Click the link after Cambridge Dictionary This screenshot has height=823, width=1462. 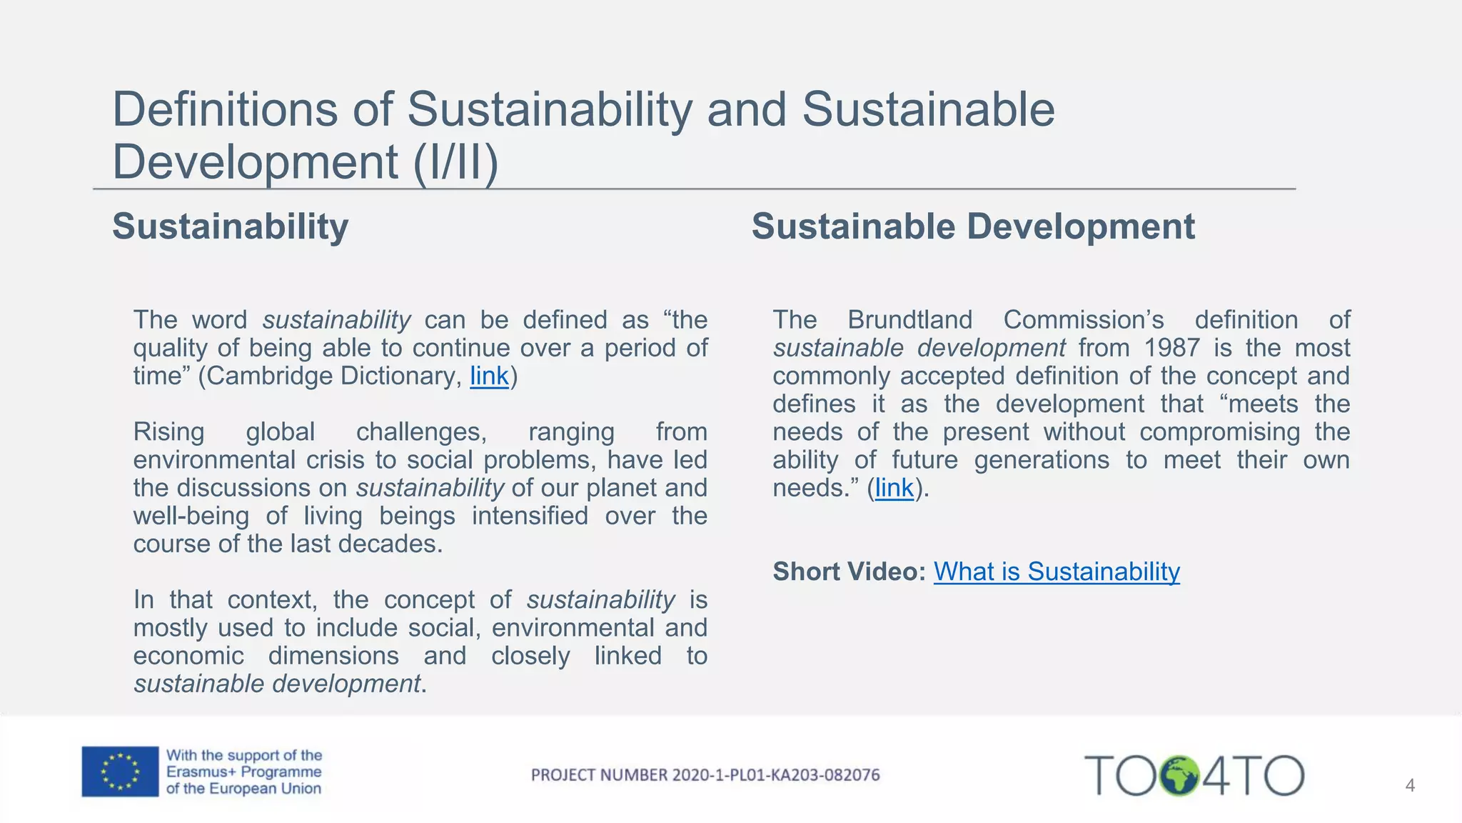click(x=489, y=376)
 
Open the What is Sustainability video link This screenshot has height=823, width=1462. click(x=1057, y=572)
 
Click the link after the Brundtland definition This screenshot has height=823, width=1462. click(x=894, y=488)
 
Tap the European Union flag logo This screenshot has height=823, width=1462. click(x=120, y=772)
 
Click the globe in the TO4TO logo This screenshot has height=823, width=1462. click(x=1179, y=776)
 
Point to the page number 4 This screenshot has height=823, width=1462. click(x=1410, y=786)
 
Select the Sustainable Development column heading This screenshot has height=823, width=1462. click(x=973, y=226)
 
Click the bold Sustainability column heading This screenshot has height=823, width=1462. click(x=230, y=226)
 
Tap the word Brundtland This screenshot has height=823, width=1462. click(x=909, y=320)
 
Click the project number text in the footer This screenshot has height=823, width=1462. click(x=705, y=775)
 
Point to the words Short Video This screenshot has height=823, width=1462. click(x=849, y=572)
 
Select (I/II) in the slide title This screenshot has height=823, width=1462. click(x=455, y=161)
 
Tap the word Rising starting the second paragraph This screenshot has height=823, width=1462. click(x=168, y=432)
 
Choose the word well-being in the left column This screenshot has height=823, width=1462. click(x=191, y=516)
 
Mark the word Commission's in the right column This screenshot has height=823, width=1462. click(x=1083, y=320)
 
